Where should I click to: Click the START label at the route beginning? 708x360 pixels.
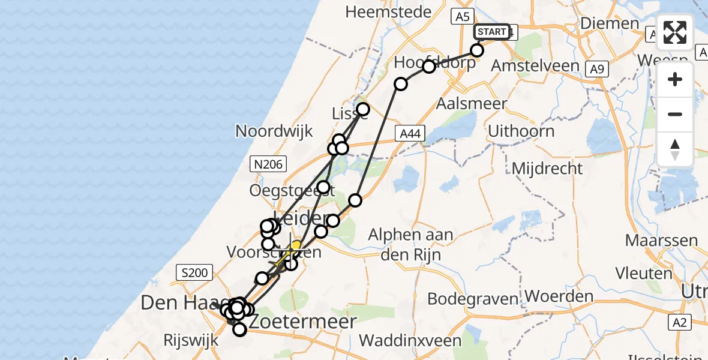[x=492, y=32]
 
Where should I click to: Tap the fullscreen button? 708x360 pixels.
[x=675, y=32]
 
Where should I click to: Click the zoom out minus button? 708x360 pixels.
[x=675, y=114]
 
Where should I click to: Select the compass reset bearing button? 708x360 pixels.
[x=675, y=149]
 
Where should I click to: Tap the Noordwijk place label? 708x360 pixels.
[x=274, y=131]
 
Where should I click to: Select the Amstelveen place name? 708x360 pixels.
[x=535, y=66]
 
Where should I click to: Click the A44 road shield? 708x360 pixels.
[x=410, y=136]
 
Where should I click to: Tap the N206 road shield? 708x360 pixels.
[x=268, y=163]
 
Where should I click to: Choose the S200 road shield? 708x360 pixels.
[x=194, y=273]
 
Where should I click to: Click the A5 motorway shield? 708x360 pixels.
[x=462, y=17]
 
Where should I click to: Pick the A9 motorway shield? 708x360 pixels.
[x=596, y=70]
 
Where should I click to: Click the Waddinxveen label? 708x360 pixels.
[x=410, y=340]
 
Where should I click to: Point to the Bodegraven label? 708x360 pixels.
[x=473, y=298]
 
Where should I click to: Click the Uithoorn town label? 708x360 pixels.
[x=521, y=131]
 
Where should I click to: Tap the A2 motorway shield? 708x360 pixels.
[x=679, y=323]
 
